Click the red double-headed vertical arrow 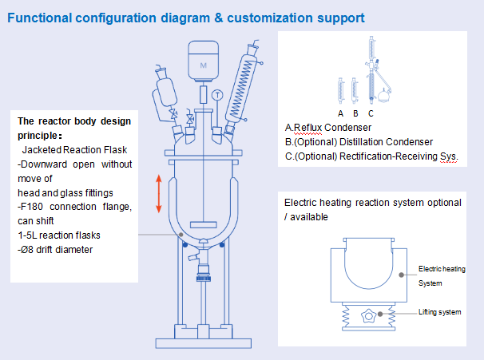point(159,194)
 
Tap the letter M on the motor point(203,65)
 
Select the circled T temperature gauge point(217,95)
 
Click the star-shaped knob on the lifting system point(368,316)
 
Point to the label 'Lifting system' point(439,312)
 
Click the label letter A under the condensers point(340,114)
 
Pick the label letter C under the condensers point(371,114)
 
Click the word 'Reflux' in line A point(307,128)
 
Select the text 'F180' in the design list point(31,207)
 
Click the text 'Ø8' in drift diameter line point(27,250)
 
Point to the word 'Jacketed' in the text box point(42,150)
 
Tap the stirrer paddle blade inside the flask point(204,224)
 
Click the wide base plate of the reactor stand point(204,343)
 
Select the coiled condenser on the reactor point(241,89)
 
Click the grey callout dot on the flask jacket point(181,235)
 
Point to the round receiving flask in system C point(383,96)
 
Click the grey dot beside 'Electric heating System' point(401,275)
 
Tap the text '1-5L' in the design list point(27,235)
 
